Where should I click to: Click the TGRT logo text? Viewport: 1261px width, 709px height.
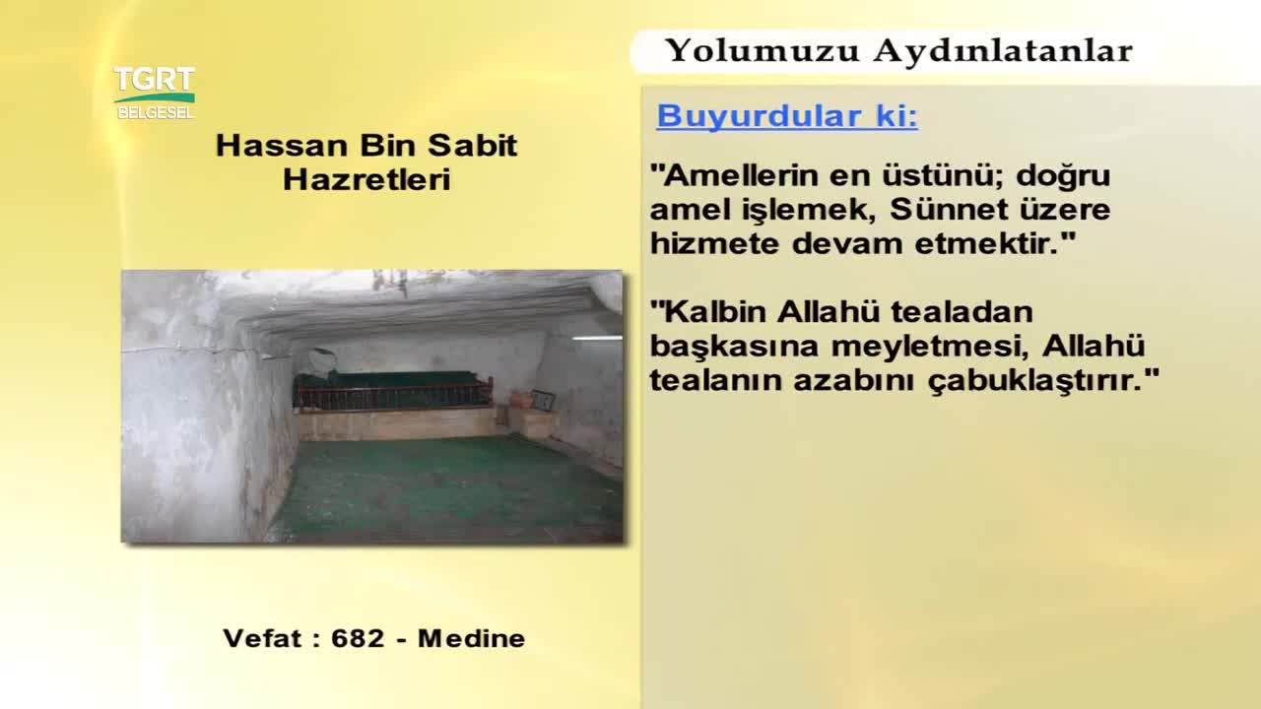tap(155, 79)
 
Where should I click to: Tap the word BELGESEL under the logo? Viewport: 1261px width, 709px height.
tap(156, 112)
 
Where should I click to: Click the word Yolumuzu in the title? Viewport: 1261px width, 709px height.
tap(763, 51)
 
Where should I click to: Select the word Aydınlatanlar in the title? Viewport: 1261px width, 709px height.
tap(1003, 50)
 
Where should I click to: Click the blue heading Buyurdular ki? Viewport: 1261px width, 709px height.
tap(787, 116)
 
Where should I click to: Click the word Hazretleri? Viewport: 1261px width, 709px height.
tap(366, 180)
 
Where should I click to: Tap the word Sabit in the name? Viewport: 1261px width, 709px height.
tap(472, 145)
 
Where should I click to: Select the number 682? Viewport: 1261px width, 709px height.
tap(358, 639)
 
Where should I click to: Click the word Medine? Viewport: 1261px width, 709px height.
tap(471, 639)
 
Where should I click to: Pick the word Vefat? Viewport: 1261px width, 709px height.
tap(263, 639)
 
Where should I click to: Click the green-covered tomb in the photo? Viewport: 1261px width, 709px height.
tap(393, 388)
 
